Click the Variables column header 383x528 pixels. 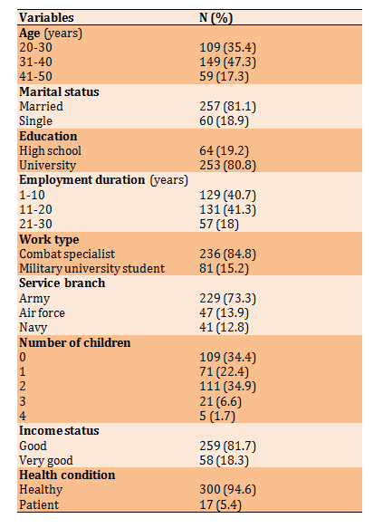[46, 17]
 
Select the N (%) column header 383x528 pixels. [216, 18]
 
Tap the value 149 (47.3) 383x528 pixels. [227, 62]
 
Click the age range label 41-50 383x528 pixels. [35, 76]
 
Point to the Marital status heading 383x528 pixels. [59, 91]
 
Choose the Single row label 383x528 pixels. [35, 121]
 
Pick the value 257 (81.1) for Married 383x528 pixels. [227, 106]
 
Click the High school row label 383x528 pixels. [50, 151]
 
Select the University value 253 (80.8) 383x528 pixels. [227, 166]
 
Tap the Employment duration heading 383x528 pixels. [103, 180]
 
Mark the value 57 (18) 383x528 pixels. [219, 225]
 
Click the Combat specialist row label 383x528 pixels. [67, 254]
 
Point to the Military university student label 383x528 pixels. [91, 269]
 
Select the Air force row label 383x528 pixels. [42, 312]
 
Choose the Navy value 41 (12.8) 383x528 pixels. [224, 328]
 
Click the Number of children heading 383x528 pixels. [75, 343]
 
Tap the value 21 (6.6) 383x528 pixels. [220, 402]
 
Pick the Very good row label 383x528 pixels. [46, 461]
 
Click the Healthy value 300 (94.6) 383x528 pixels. [227, 490]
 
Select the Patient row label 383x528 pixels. [39, 504]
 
